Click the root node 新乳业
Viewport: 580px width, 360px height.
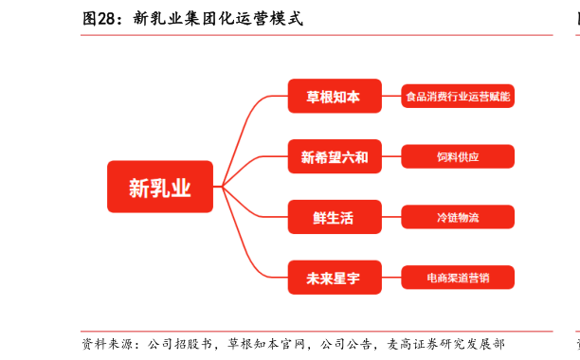click(x=160, y=188)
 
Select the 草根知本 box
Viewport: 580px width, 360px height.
click(x=335, y=96)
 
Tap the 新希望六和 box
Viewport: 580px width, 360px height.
click(x=335, y=156)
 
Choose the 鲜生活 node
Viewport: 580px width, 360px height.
click(x=335, y=217)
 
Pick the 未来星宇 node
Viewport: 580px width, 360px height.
click(x=335, y=278)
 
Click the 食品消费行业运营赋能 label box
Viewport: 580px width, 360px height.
click(x=458, y=96)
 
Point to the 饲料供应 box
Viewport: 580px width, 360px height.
click(x=458, y=156)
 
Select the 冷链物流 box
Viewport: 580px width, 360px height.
click(x=458, y=217)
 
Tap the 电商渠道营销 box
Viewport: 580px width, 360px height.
click(x=458, y=278)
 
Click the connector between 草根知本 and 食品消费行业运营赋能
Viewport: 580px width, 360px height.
click(x=391, y=96)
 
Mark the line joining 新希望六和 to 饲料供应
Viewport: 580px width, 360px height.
click(x=391, y=156)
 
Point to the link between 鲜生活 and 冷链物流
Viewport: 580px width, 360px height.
click(x=391, y=217)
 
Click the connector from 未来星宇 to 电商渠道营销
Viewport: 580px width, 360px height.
click(x=391, y=278)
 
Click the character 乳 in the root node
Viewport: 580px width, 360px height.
click(x=160, y=188)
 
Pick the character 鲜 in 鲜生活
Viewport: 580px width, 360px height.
click(x=319, y=218)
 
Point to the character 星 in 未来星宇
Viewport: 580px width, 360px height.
click(x=341, y=279)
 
